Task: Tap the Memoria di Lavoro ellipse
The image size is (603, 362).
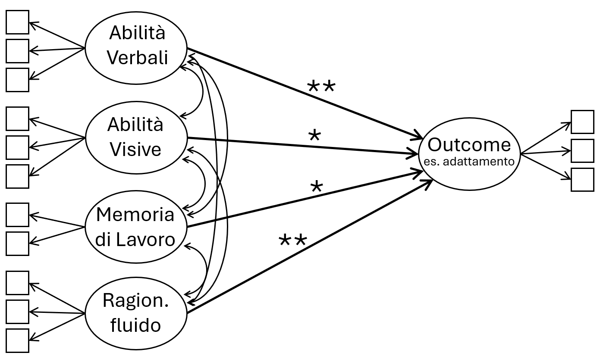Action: coord(136,227)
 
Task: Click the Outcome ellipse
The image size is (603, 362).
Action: coord(469,153)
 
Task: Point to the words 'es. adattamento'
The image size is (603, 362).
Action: coord(469,162)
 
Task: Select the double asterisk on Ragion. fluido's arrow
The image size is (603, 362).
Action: coord(293,240)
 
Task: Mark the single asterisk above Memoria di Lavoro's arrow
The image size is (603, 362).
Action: coord(316,187)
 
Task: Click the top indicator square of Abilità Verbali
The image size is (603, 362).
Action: coord(17,22)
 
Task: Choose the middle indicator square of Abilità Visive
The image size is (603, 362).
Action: coord(17,147)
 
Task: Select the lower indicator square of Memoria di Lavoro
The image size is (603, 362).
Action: coord(17,243)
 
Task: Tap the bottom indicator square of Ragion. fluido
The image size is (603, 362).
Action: coord(17,340)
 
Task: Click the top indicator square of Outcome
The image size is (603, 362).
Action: coord(582,122)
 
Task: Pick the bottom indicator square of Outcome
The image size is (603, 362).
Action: coord(582,180)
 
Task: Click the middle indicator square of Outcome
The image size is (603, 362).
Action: coord(582,151)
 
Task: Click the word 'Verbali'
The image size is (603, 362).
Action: coord(137,57)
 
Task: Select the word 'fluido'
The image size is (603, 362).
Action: coord(135,325)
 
